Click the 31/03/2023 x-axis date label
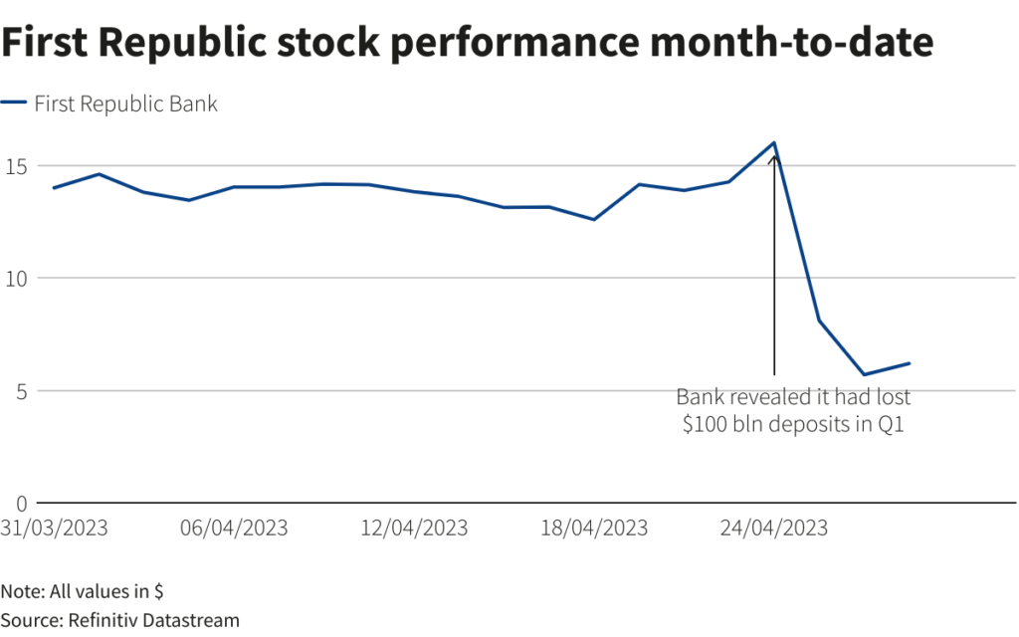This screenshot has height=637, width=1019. click(x=54, y=528)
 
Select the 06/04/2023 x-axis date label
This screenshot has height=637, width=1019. click(x=234, y=528)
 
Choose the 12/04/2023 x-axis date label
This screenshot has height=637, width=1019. click(x=414, y=528)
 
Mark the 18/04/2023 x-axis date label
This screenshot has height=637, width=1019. click(x=594, y=528)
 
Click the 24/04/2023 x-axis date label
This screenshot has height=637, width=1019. click(x=773, y=528)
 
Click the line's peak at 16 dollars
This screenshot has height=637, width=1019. click(x=774, y=142)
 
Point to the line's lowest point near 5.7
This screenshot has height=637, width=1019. click(x=864, y=374)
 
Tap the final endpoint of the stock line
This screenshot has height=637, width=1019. click(x=910, y=363)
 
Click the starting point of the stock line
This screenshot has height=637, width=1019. click(x=54, y=187)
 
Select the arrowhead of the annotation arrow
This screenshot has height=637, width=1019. click(x=774, y=157)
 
